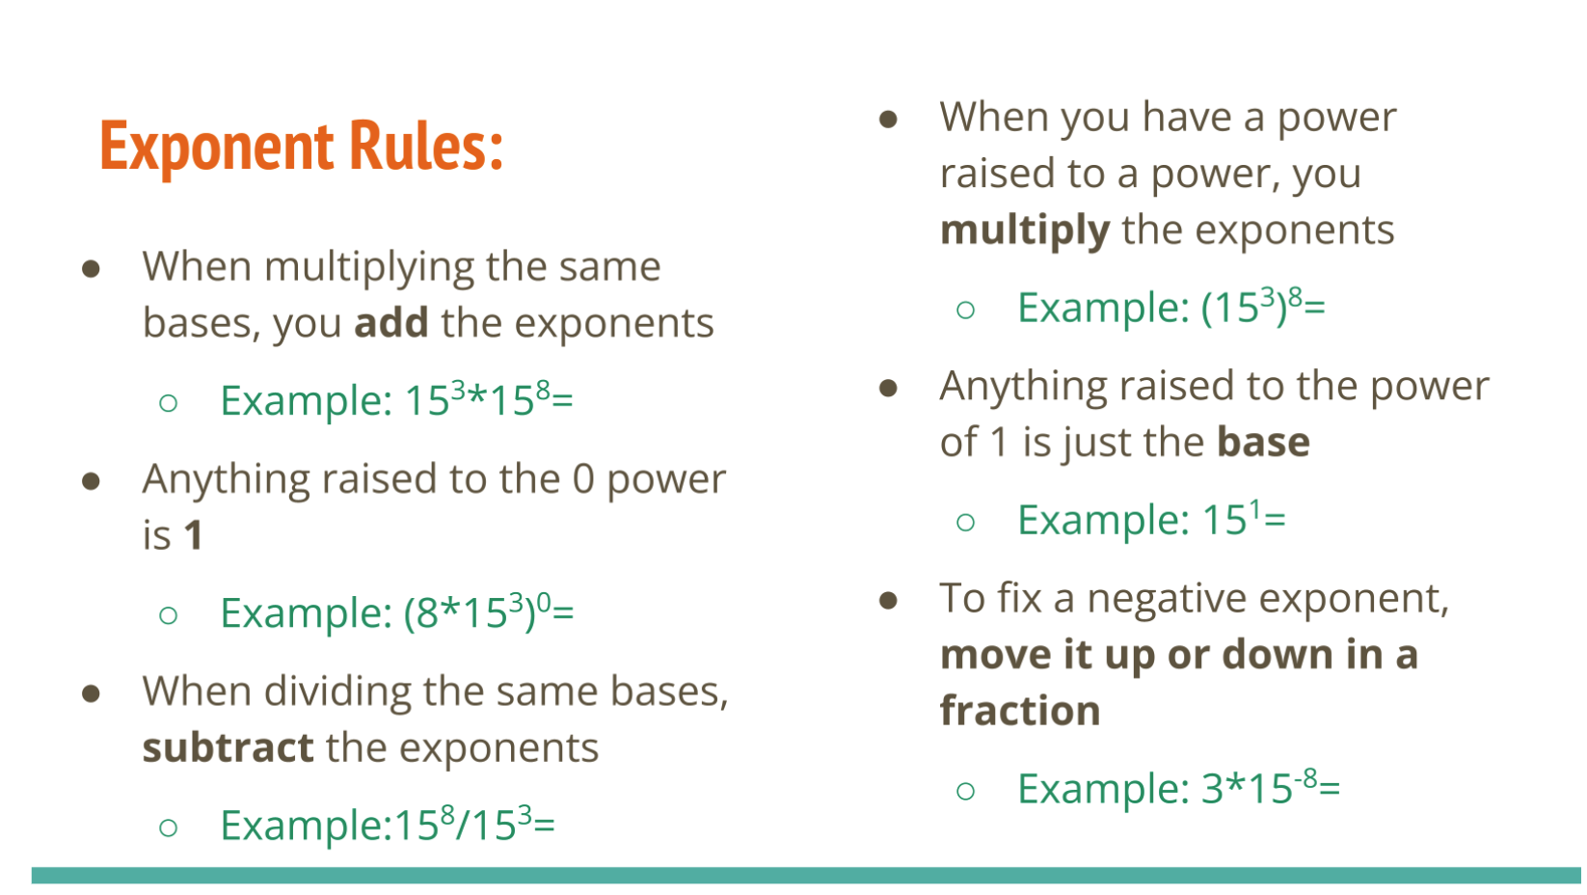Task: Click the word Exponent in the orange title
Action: tap(217, 148)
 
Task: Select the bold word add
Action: tap(391, 323)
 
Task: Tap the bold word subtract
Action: tap(229, 746)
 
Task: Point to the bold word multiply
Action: tap(1025, 231)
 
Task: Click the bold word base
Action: tap(1263, 442)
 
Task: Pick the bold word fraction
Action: tap(1020, 710)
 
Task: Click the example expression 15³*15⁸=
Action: tap(489, 399)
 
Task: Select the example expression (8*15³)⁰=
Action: tap(489, 611)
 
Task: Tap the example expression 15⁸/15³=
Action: tap(474, 825)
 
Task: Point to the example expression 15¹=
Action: tap(1244, 519)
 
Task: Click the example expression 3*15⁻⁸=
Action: tap(1271, 787)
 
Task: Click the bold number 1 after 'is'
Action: tap(194, 535)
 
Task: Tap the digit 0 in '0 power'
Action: tap(583, 479)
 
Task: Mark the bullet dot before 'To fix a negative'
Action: tap(888, 600)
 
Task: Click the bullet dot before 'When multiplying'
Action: tap(91, 268)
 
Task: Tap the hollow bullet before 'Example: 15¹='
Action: tap(966, 523)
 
